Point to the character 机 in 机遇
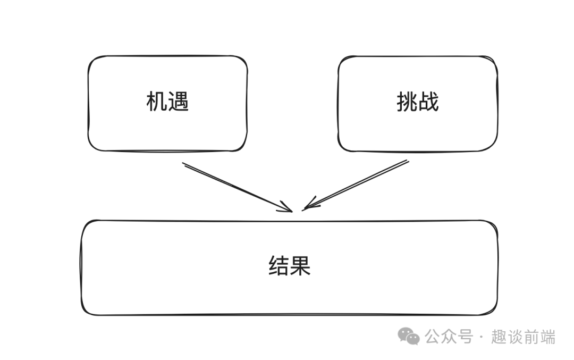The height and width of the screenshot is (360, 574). pos(157,102)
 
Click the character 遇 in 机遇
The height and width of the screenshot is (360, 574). pos(179,102)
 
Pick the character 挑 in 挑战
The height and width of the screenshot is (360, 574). pos(407,102)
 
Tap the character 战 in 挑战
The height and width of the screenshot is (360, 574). pos(429,102)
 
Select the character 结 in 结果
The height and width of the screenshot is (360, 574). pos(278,266)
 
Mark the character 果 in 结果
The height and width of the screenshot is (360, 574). pos(300,266)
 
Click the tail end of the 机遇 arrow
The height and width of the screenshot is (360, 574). pos(184,164)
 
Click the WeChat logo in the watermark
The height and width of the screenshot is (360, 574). pos(410,336)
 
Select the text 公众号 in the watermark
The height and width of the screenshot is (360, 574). pos(449,337)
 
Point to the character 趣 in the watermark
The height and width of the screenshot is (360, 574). pos(499,337)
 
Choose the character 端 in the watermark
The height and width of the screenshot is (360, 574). pos(547,337)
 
